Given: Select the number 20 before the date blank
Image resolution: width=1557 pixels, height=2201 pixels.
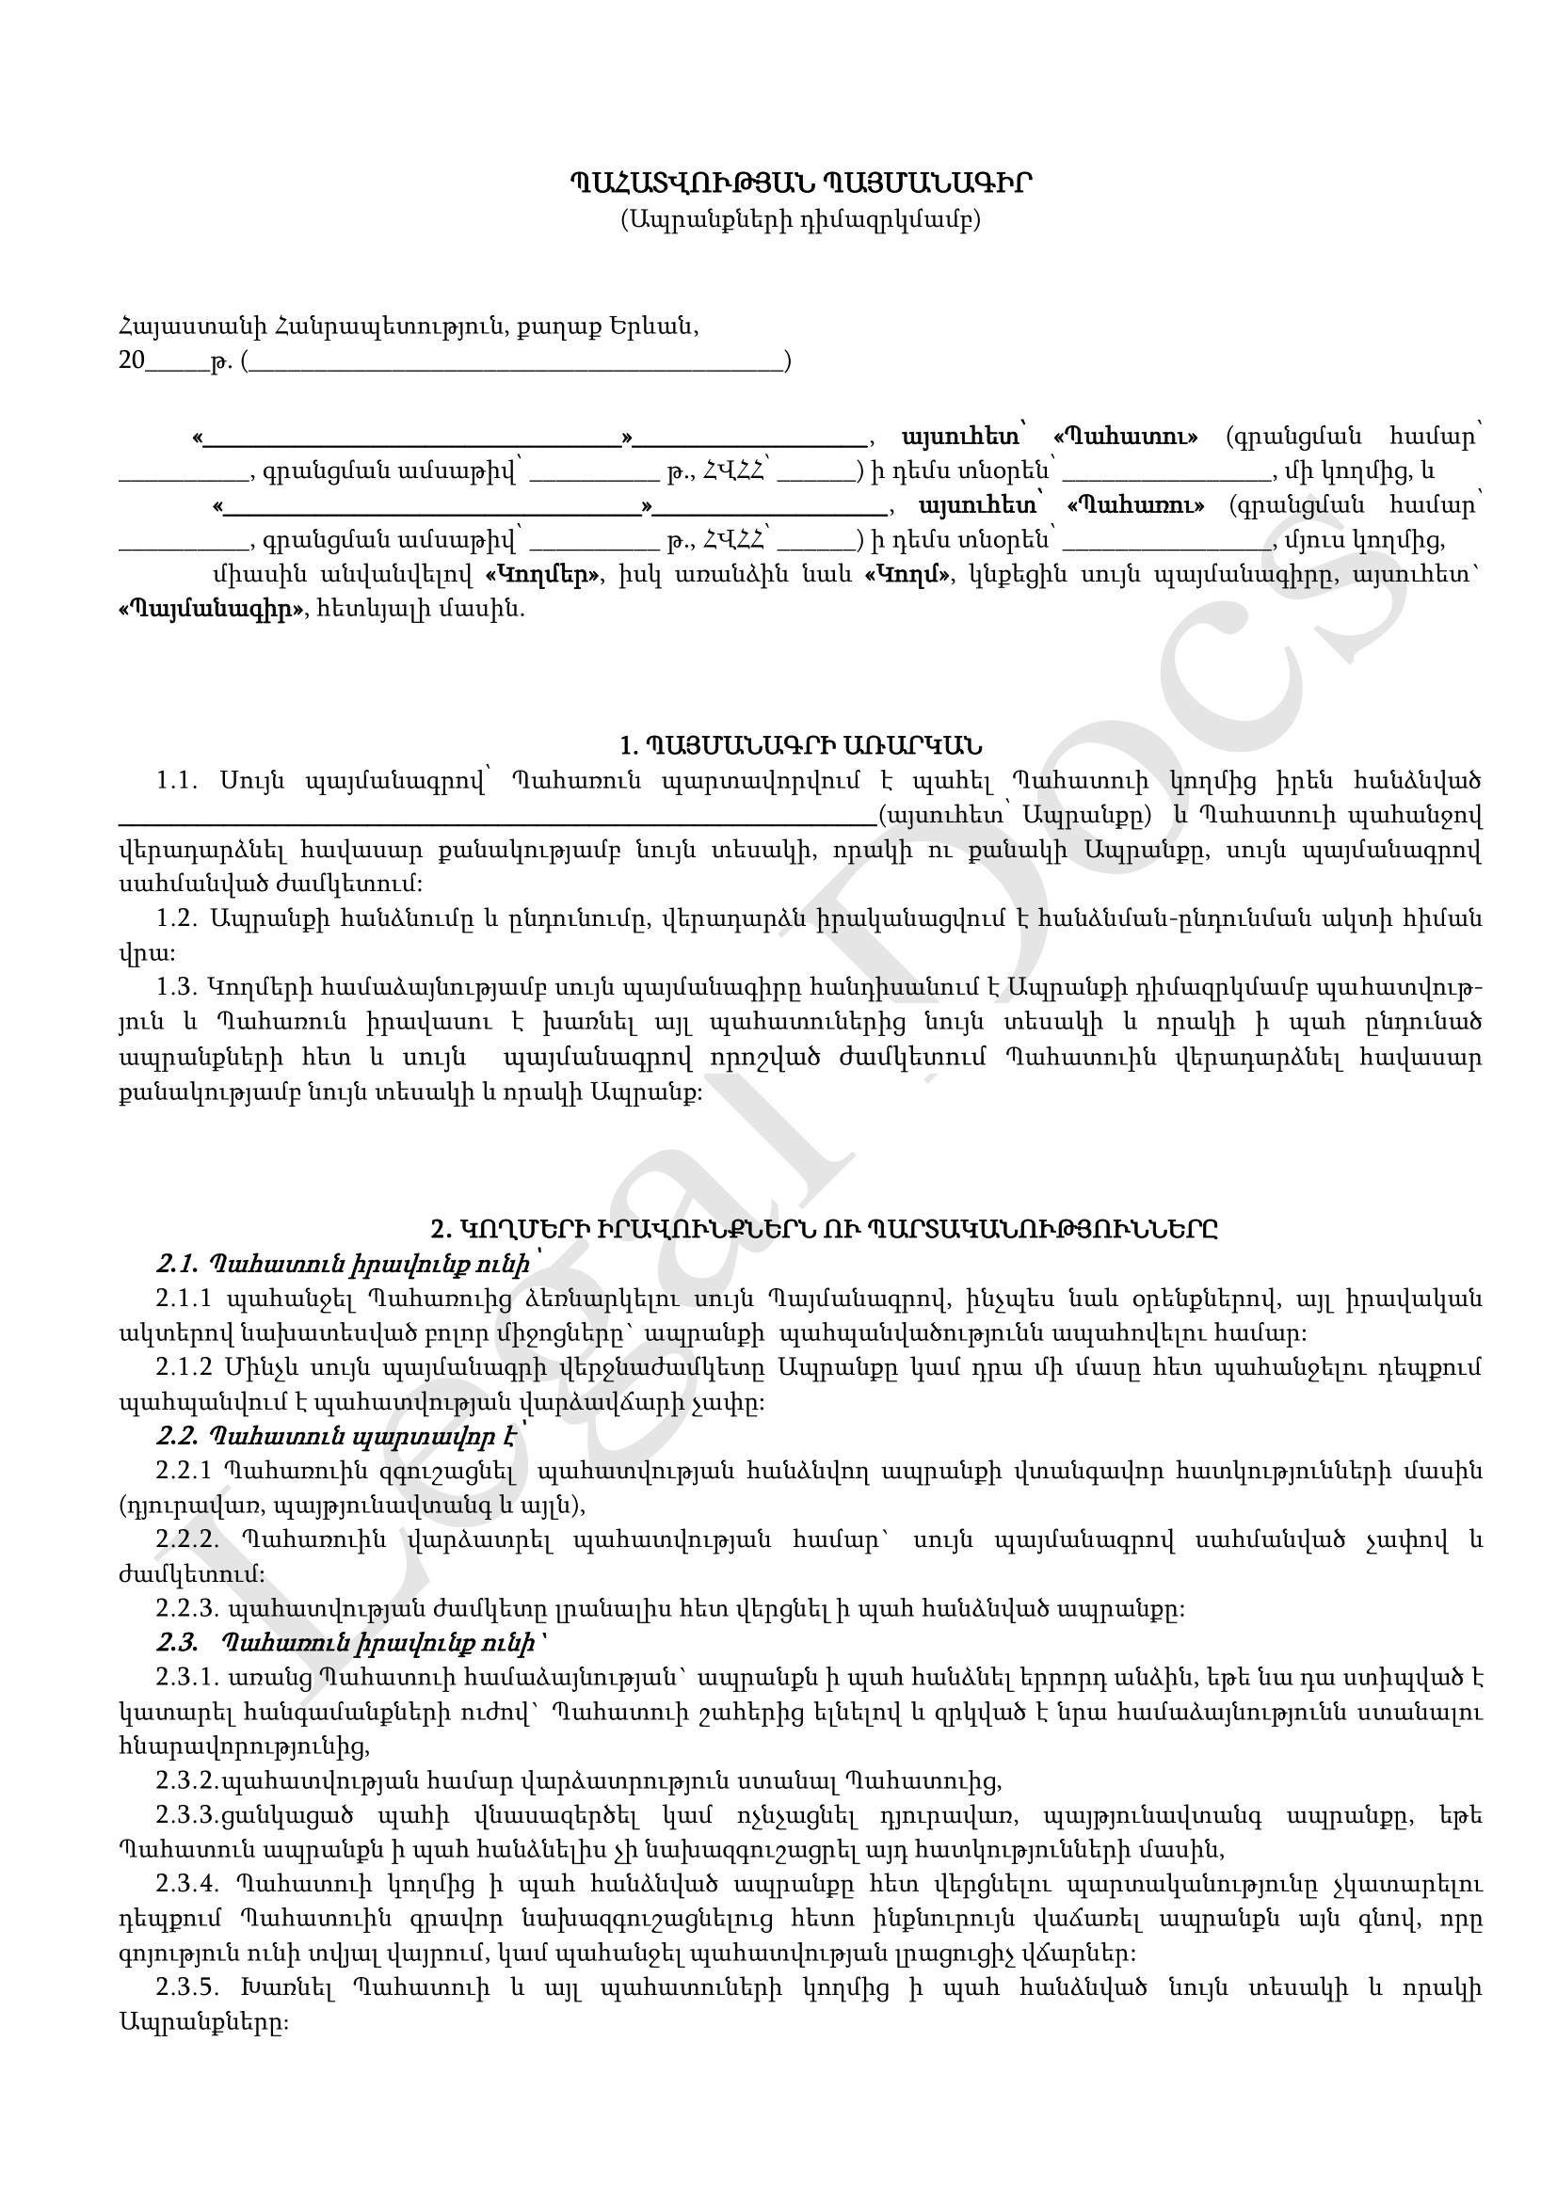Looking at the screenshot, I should (x=133, y=361).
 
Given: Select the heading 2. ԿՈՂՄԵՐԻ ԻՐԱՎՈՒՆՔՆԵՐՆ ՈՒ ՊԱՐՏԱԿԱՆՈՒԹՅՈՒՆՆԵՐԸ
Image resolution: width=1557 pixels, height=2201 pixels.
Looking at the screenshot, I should (x=824, y=1229).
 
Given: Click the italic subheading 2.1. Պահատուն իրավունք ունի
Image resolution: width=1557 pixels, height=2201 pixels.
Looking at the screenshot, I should (x=343, y=1265).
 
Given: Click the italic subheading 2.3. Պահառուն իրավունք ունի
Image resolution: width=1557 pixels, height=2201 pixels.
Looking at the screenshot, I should (x=350, y=1643).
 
